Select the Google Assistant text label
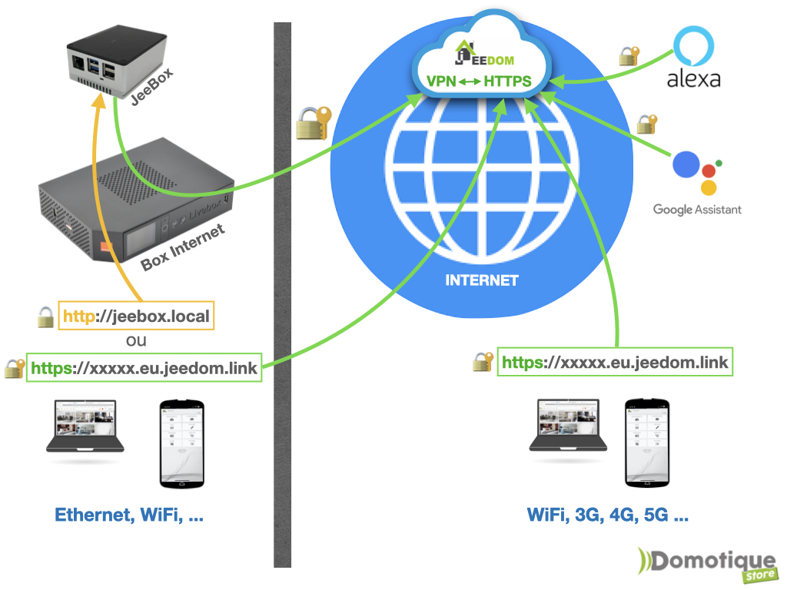pos(697,210)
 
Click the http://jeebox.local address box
pos(135,316)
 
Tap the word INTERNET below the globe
pos(482,280)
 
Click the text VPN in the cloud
pos(442,81)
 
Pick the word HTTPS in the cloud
pos(508,81)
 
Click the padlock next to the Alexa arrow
pos(629,56)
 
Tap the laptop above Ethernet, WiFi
pos(85,427)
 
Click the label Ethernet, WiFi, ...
pos(129,515)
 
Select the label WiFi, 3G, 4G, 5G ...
pos(607,515)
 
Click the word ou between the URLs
pos(135,340)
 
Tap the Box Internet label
pos(184,247)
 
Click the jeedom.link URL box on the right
pos(615,362)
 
